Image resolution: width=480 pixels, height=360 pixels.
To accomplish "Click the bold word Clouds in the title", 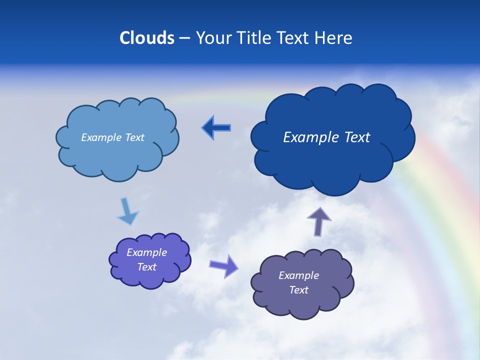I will pos(147,38).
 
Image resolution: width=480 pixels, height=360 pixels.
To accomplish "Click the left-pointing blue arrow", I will pos(216,128).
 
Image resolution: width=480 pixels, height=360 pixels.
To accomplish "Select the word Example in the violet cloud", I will pos(147,252).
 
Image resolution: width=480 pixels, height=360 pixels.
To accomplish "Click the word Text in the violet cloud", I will pos(147,267).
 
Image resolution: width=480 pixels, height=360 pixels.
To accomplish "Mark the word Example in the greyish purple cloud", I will pos(299,275).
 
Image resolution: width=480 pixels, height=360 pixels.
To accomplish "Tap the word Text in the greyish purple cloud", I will pos(299,290).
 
